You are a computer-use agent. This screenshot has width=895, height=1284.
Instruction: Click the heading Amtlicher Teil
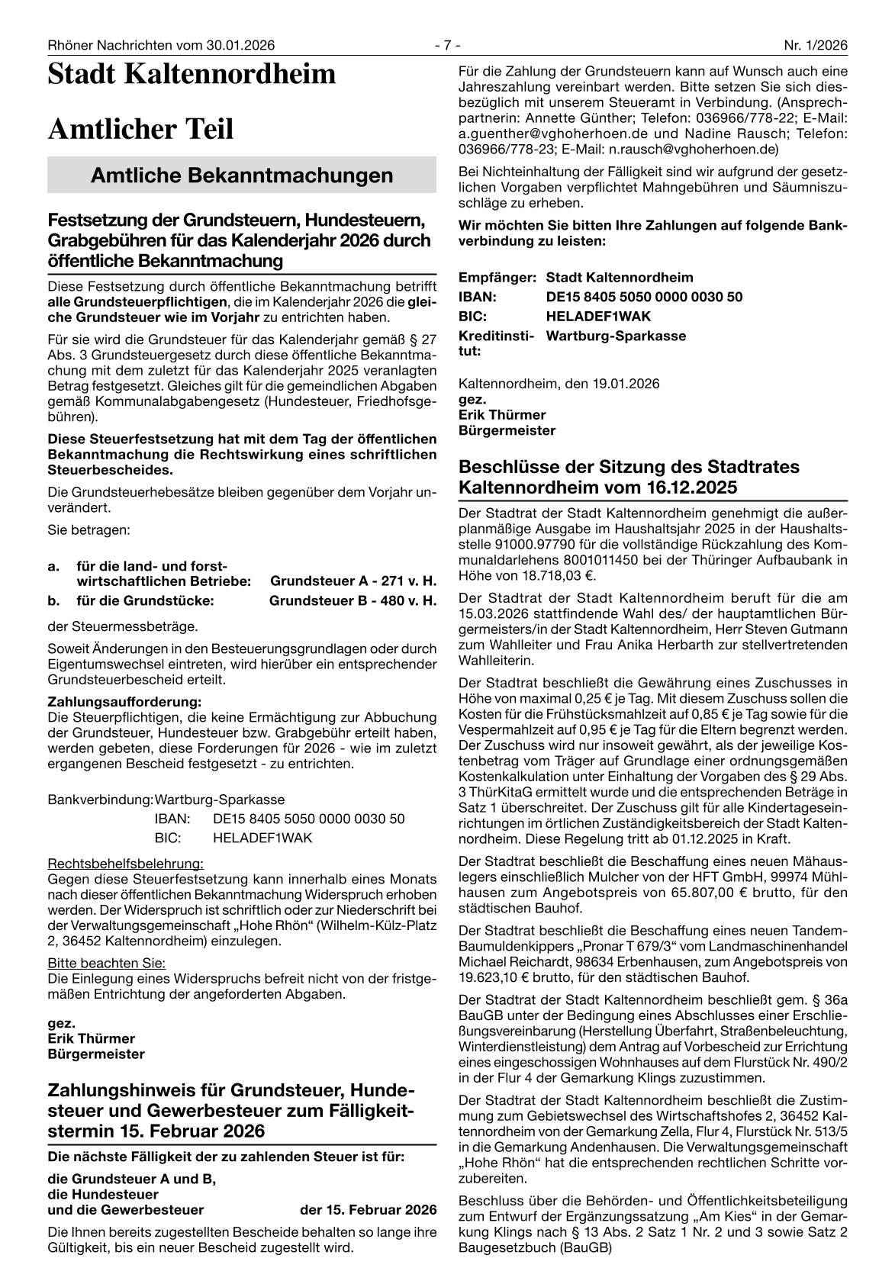[140, 130]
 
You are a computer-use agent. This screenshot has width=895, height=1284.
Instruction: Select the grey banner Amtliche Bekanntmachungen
[241, 175]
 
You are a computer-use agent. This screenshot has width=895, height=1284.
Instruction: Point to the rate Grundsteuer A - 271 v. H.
[353, 581]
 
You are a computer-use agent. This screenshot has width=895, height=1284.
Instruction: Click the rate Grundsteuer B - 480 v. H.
[353, 600]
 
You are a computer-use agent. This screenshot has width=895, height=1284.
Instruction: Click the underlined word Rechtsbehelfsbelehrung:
[126, 864]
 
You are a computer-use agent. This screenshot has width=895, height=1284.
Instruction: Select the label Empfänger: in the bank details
[497, 278]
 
